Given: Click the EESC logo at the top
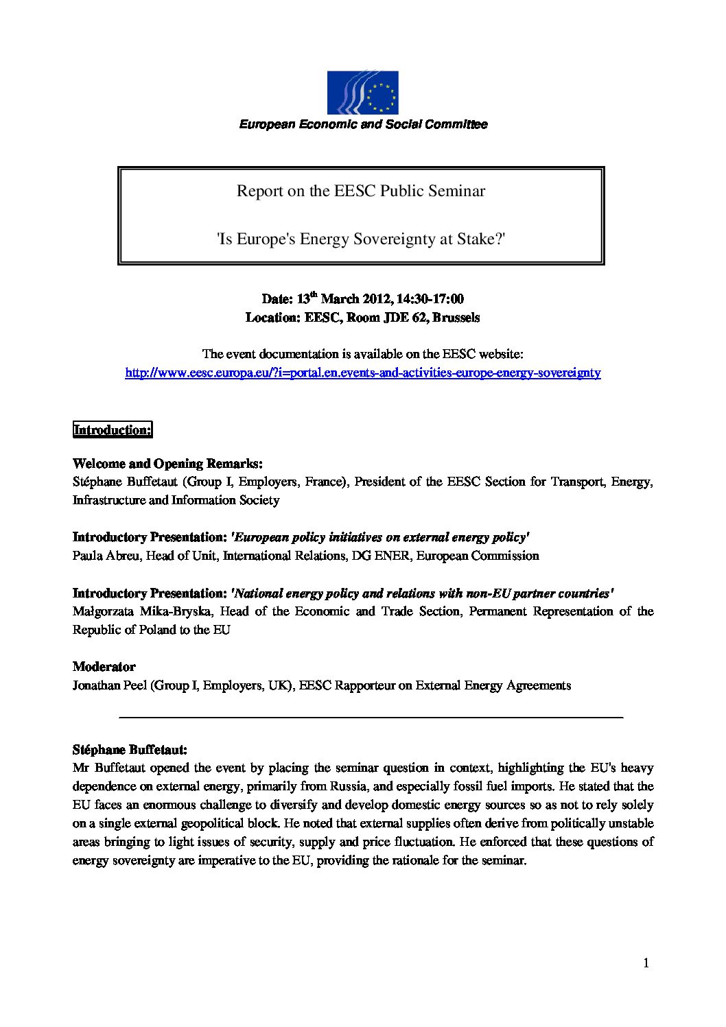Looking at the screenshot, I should (x=362, y=93).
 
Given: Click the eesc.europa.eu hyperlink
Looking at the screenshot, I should (x=362, y=373).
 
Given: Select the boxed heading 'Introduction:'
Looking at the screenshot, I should (x=113, y=430).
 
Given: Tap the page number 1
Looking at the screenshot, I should (x=646, y=963).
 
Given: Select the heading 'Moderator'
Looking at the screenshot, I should (x=104, y=667).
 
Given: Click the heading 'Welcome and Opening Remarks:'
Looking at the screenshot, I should (x=167, y=464).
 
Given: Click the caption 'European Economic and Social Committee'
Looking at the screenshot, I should (x=363, y=124).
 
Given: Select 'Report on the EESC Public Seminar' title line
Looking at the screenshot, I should (x=361, y=191).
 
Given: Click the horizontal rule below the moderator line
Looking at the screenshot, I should (x=371, y=717).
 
